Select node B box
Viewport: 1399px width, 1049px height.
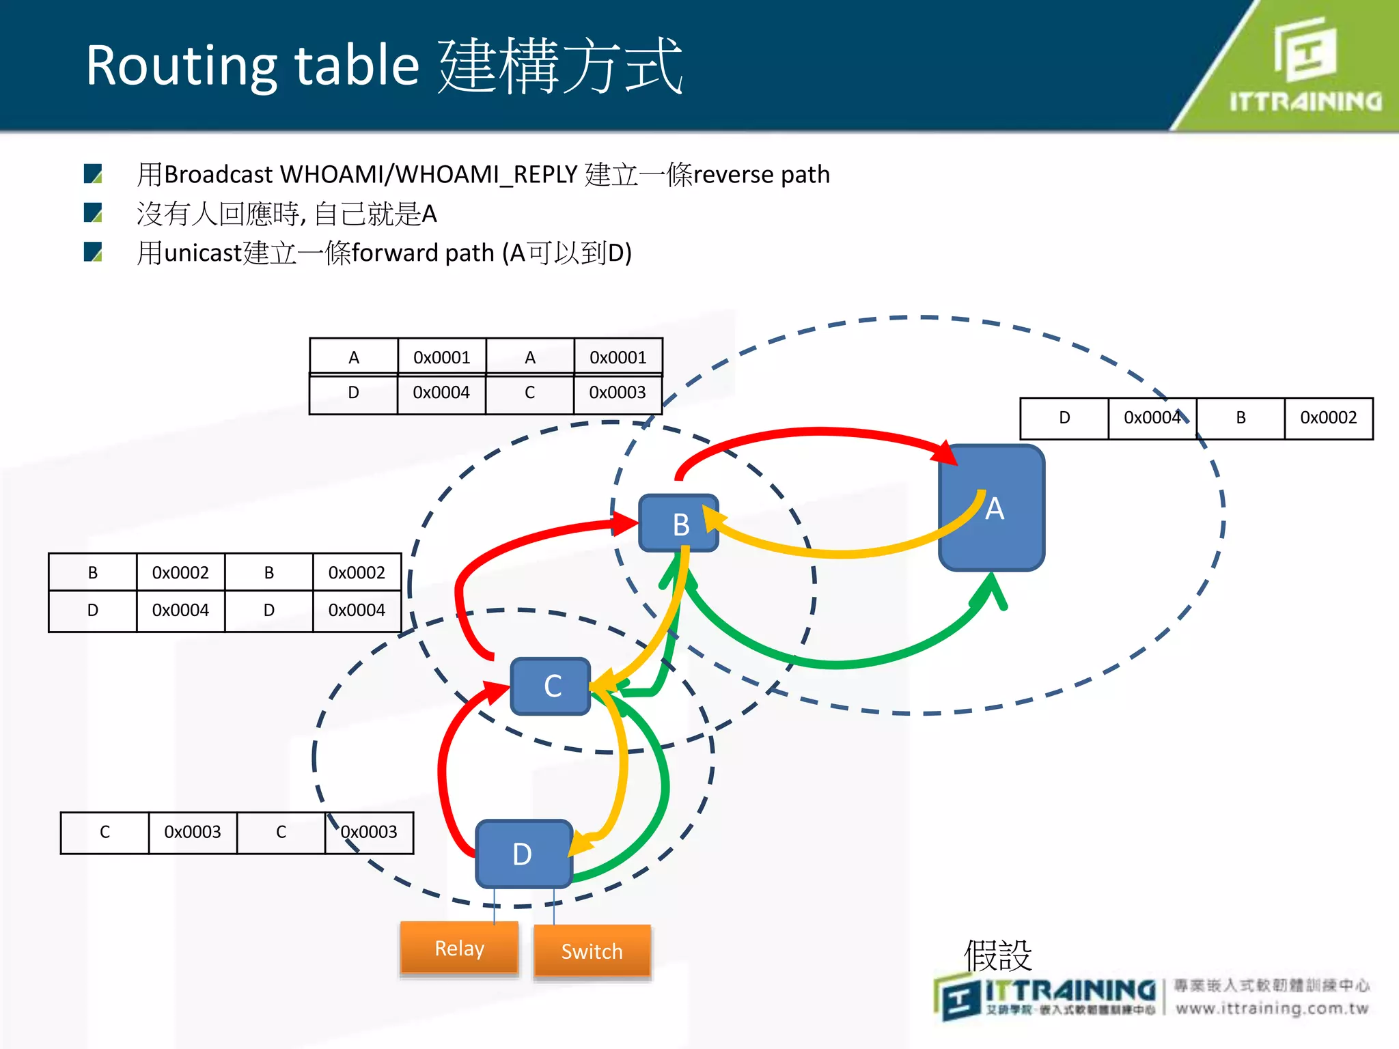(x=678, y=524)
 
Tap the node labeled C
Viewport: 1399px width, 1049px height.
(x=551, y=686)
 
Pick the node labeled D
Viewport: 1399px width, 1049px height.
(x=523, y=854)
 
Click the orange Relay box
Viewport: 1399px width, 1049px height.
(x=459, y=949)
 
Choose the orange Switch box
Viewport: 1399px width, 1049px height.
(x=592, y=951)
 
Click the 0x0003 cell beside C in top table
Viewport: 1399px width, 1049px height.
(x=618, y=393)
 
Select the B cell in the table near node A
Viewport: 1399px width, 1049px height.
(x=1241, y=418)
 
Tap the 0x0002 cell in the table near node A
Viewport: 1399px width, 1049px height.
(x=1328, y=418)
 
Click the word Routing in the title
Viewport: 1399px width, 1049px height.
(x=181, y=66)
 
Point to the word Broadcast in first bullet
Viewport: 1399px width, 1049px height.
(x=219, y=175)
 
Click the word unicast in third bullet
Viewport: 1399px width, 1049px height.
(x=204, y=253)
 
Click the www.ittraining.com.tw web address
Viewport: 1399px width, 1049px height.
(x=1272, y=1008)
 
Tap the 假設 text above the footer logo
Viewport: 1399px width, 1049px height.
(x=997, y=955)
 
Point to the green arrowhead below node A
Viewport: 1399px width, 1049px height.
(x=992, y=589)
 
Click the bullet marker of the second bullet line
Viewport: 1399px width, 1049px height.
(x=93, y=213)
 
